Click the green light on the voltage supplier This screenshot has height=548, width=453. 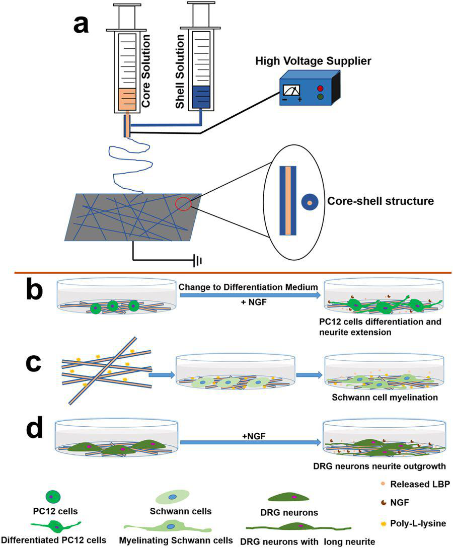(319, 97)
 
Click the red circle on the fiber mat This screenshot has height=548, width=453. (183, 204)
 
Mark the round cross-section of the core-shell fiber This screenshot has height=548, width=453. (309, 203)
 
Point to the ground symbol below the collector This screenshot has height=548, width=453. (199, 261)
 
